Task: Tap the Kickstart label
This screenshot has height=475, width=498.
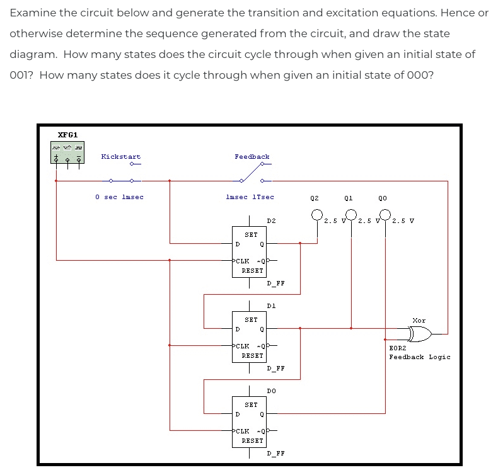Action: [121, 157]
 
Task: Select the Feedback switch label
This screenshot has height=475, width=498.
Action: [252, 157]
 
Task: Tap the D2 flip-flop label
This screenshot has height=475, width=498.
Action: [271, 221]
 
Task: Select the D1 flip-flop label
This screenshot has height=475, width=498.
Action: [271, 306]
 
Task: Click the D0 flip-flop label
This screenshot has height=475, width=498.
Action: [271, 391]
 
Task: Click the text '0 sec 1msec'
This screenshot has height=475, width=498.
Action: [119, 197]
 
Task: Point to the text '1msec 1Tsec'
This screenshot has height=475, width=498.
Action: [250, 197]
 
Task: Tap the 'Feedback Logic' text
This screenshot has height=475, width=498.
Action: [419, 357]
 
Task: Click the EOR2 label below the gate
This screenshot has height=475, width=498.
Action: [397, 348]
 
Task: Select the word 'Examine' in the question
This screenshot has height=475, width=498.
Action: [32, 13]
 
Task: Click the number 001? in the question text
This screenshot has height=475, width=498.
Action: [23, 75]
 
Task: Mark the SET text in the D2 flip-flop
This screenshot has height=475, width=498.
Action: [251, 234]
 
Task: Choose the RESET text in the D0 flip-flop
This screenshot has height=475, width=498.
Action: [252, 440]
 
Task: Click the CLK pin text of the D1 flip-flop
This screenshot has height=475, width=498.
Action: [242, 346]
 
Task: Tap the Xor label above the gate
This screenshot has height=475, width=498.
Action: [419, 321]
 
